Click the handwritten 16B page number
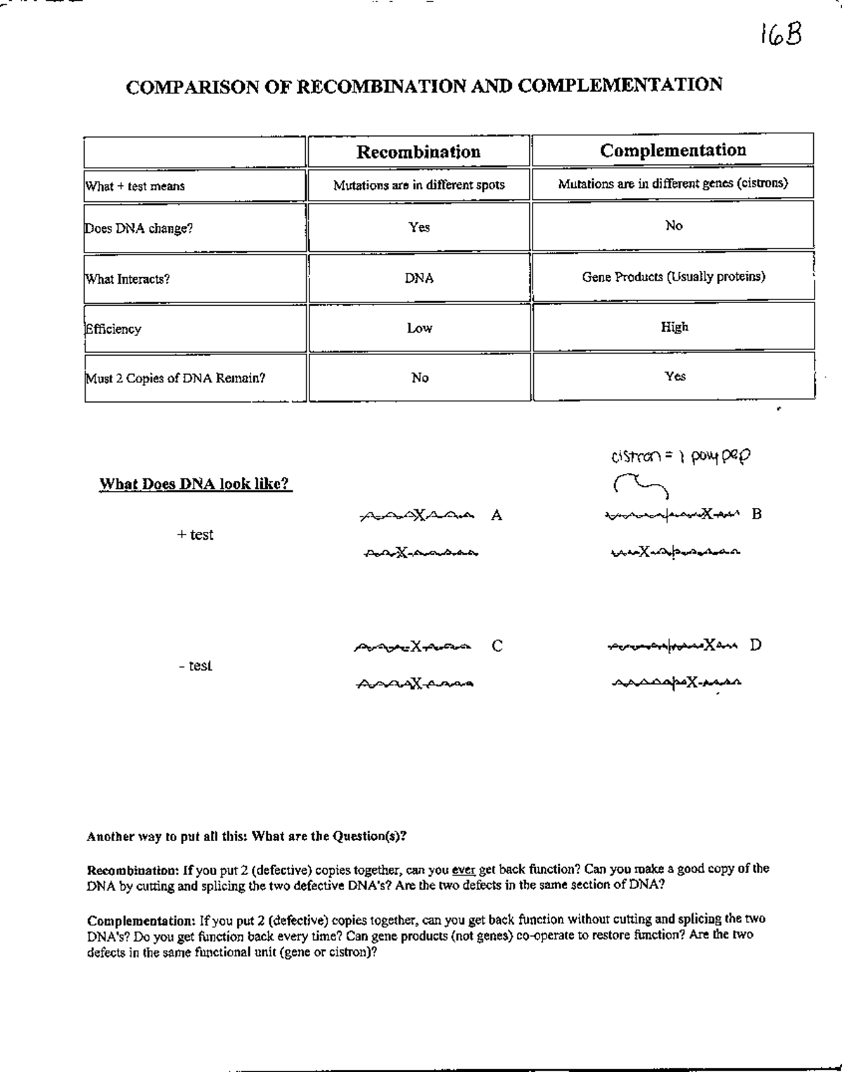[x=780, y=34]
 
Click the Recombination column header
[x=418, y=152]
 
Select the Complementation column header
[x=673, y=150]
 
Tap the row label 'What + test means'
[x=135, y=187]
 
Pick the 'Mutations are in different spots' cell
[x=419, y=185]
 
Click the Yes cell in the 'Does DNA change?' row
[x=419, y=227]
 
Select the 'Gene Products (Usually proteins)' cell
[x=673, y=276]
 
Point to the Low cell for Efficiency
[x=419, y=328]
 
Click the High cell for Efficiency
[x=674, y=327]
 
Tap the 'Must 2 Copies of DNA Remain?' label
[x=175, y=378]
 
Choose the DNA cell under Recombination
[x=419, y=279]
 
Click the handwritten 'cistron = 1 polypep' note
[x=680, y=457]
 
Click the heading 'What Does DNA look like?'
[x=195, y=484]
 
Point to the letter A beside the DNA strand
[x=497, y=516]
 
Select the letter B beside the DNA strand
[x=756, y=514]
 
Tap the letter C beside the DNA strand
[x=497, y=646]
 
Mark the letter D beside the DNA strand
[x=756, y=645]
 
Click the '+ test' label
[x=195, y=535]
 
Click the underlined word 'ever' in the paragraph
[x=464, y=869]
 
